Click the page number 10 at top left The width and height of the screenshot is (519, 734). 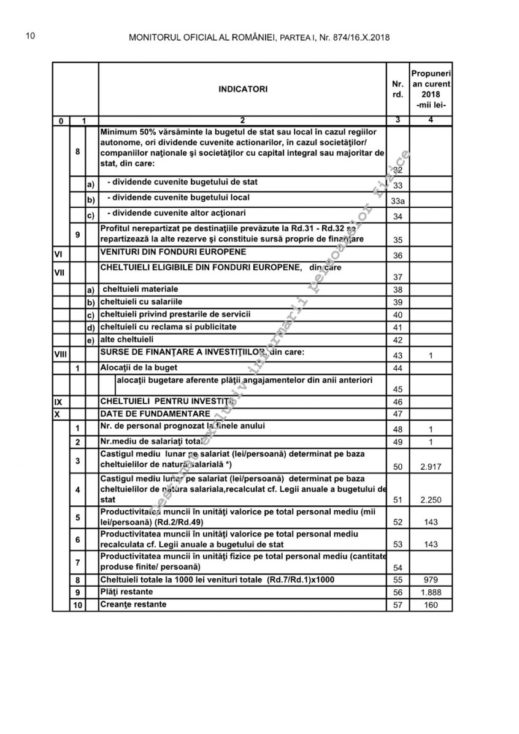29,36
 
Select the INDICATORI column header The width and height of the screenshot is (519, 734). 243,89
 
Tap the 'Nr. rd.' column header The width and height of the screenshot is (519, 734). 398,89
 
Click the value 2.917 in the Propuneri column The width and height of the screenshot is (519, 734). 431,467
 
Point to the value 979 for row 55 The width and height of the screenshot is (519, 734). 431,579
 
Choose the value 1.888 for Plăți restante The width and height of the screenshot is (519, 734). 431,593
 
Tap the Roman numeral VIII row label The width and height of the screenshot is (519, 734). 60,355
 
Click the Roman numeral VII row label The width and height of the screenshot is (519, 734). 59,272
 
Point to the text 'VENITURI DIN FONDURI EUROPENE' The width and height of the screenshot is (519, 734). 174,252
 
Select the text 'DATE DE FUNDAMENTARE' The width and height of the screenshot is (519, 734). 155,413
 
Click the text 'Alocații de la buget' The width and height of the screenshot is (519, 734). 139,367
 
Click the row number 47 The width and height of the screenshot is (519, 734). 398,415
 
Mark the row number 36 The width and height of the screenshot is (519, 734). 398,256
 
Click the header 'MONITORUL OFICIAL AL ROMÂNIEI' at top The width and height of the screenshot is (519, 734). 203,38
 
